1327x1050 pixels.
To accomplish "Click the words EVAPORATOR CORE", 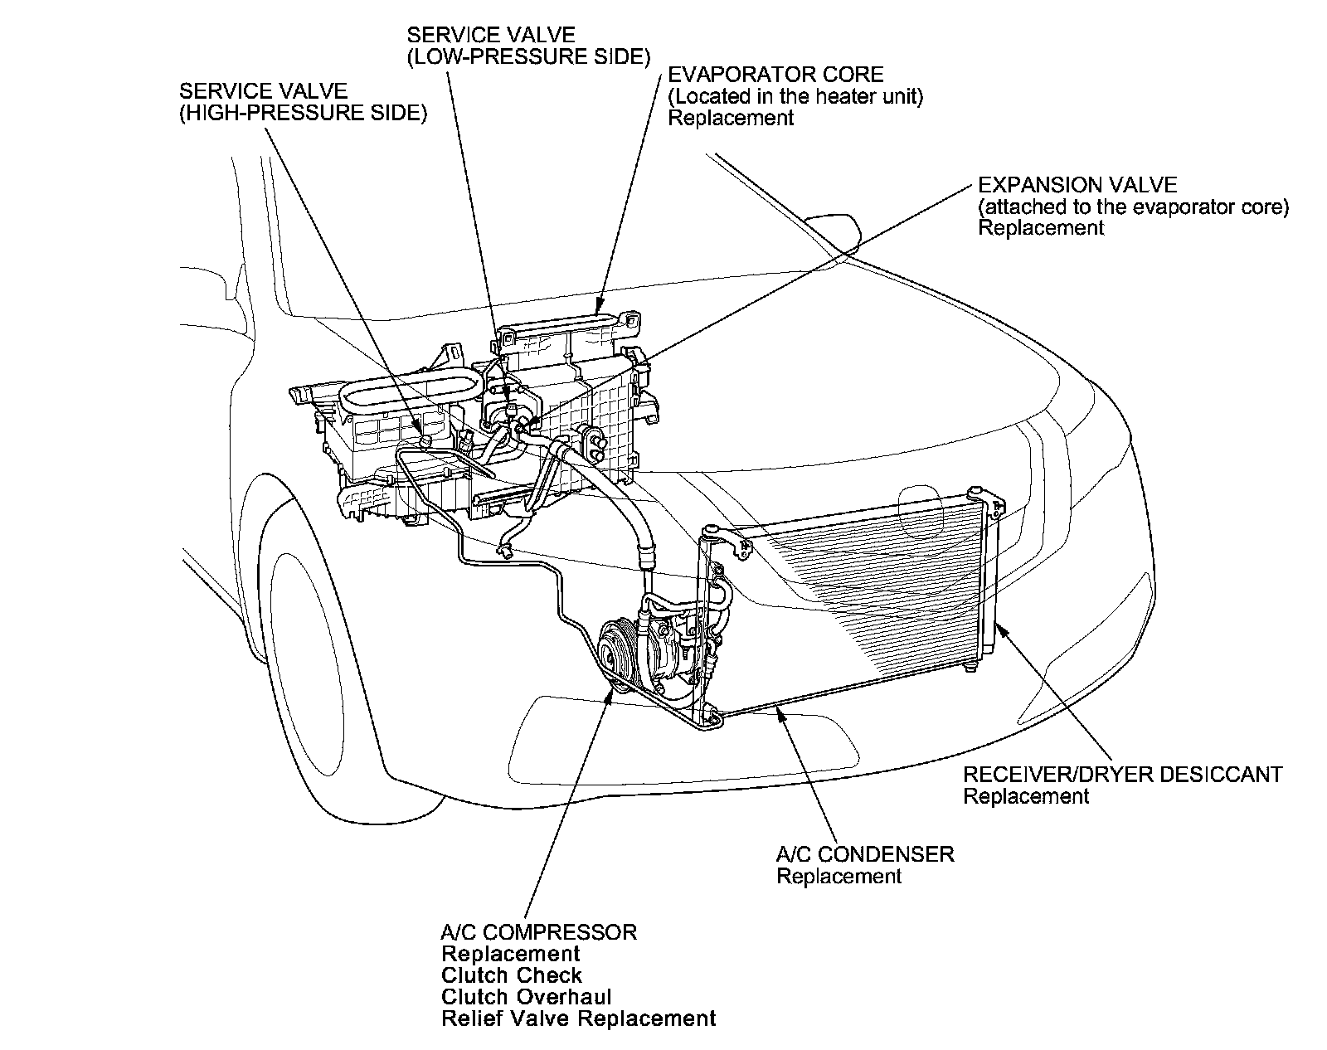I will pyautogui.click(x=775, y=75).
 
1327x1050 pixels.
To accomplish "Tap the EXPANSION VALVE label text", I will pyautogui.click(x=1077, y=185).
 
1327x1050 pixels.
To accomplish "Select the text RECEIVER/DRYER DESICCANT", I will pyautogui.click(x=1122, y=775).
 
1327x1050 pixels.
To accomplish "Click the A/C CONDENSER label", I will pyautogui.click(x=865, y=854).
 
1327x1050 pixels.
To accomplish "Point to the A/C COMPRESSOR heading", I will pyautogui.click(x=539, y=932).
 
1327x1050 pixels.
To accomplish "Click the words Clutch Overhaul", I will pyautogui.click(x=527, y=997).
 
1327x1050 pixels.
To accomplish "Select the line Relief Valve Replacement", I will pyautogui.click(x=578, y=1018).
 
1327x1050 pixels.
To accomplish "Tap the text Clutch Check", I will pyautogui.click(x=512, y=975).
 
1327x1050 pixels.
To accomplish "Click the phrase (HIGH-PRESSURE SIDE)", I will pyautogui.click(x=303, y=113).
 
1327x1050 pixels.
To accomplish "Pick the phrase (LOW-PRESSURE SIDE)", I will pyautogui.click(x=528, y=56).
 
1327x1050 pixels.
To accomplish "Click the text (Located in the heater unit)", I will pyautogui.click(x=795, y=96).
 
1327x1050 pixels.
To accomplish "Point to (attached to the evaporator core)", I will pyautogui.click(x=1133, y=207).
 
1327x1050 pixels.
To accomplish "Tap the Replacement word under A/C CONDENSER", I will pyautogui.click(x=838, y=876).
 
